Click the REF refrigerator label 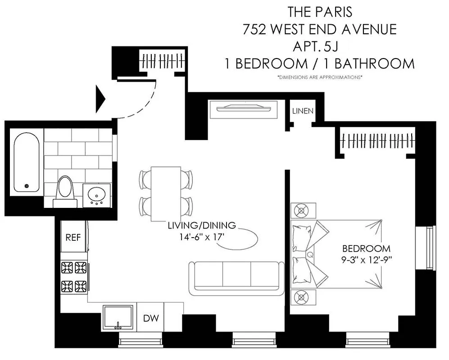pos(73,238)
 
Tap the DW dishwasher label pos(151,319)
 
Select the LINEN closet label pos(303,111)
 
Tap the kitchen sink pos(118,318)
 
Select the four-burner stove pos(74,276)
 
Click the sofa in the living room pos(236,279)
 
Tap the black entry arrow pos(100,99)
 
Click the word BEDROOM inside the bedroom pos(366,248)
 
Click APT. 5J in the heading pos(319,46)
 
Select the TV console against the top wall pos(242,109)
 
